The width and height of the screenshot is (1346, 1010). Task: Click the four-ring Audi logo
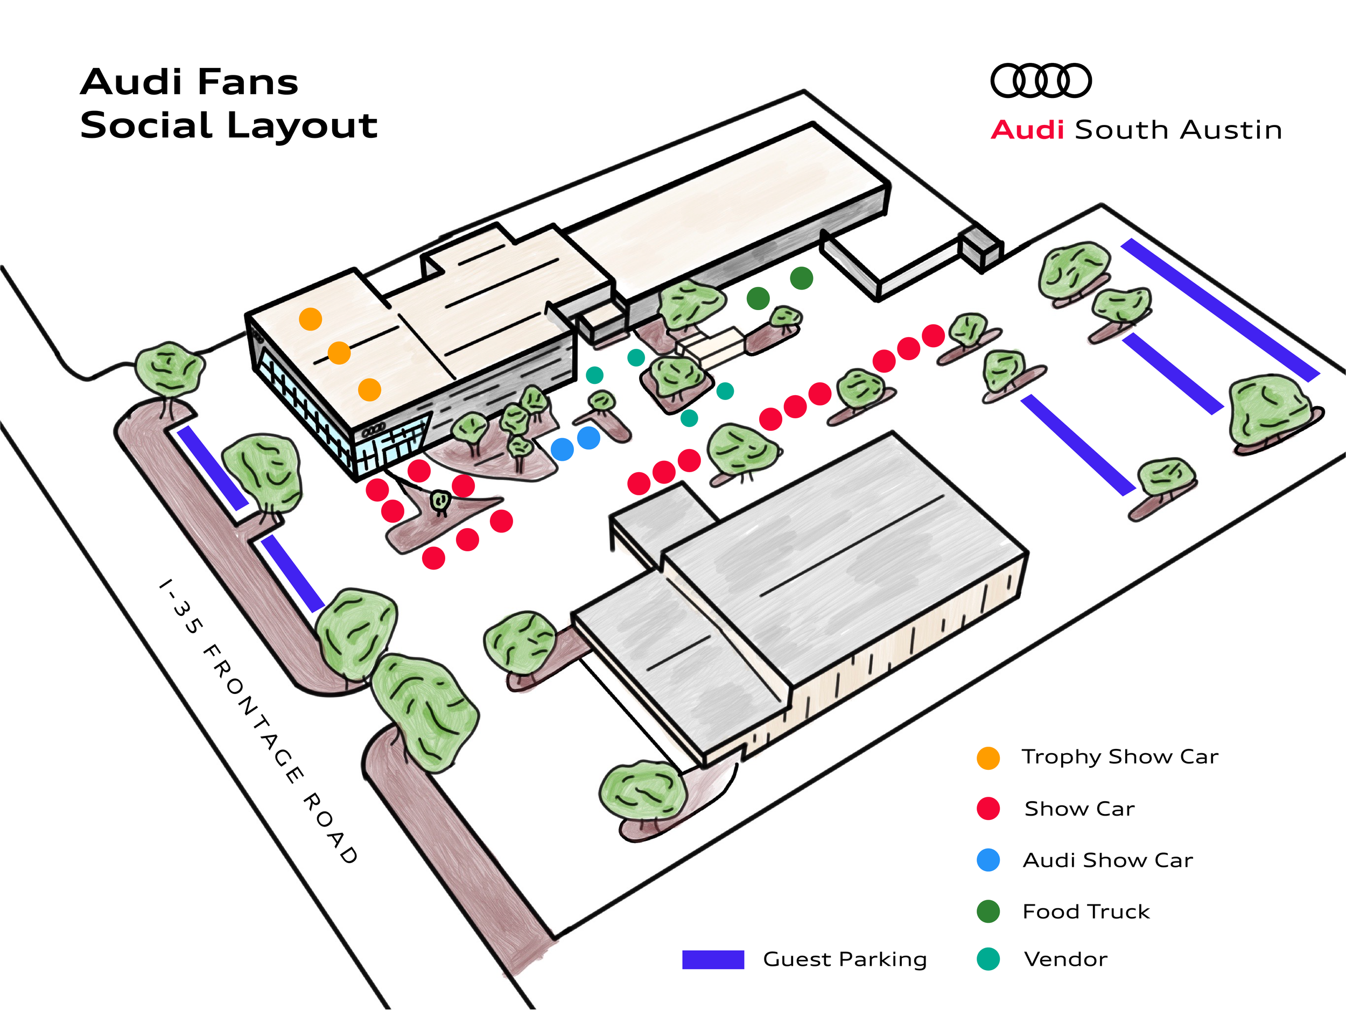tap(1041, 80)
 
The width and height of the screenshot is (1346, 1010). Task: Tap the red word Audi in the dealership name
tap(1027, 130)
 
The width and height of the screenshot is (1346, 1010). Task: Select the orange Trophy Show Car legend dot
tap(988, 758)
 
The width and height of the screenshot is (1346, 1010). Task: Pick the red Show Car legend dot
tap(988, 809)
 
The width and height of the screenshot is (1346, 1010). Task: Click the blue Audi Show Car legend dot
tap(988, 860)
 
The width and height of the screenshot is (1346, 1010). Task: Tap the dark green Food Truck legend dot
tap(988, 911)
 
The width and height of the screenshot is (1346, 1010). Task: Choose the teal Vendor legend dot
tap(988, 959)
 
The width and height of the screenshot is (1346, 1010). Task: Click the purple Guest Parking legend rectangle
tap(713, 959)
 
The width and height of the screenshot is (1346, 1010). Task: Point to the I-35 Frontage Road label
tap(258, 721)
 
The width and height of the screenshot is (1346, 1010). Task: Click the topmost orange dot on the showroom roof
tap(310, 319)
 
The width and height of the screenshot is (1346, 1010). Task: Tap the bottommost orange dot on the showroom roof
tap(369, 389)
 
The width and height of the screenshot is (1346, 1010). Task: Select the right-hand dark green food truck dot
tap(801, 278)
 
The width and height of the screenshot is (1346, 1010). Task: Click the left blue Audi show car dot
tap(562, 449)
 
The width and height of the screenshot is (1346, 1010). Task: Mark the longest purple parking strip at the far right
tap(1220, 310)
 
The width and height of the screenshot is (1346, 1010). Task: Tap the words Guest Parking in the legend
tap(845, 959)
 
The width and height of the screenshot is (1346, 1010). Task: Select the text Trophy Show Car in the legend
tap(1120, 757)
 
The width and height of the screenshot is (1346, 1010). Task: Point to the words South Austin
tap(1179, 130)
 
